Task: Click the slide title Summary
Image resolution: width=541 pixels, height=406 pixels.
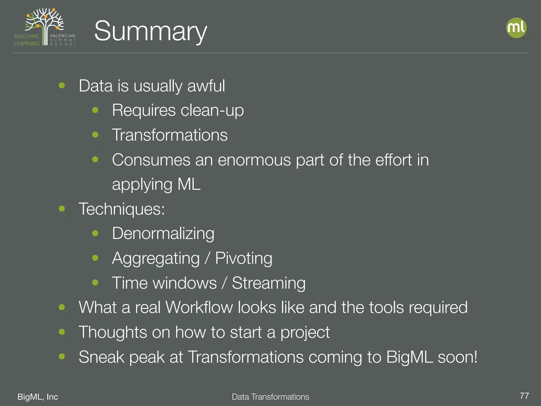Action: point(151,31)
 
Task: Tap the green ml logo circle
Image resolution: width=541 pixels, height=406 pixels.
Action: point(516,28)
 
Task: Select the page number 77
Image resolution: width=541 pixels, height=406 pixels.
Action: point(524,396)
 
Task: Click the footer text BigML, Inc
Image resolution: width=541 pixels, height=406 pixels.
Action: point(38,396)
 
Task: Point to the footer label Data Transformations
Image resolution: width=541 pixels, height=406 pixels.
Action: point(270,397)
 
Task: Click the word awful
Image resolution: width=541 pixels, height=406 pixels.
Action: point(206,86)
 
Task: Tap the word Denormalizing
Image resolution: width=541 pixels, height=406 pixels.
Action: point(163,233)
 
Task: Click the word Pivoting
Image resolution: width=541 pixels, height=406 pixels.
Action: point(244,258)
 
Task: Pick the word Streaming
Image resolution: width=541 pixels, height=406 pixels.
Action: point(269,283)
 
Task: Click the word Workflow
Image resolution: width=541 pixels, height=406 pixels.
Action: point(199,307)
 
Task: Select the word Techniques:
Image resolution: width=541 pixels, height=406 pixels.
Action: point(122,209)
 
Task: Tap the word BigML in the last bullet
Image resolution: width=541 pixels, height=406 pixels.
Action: point(409,357)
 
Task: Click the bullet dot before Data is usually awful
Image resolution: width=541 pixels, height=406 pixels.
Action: point(62,85)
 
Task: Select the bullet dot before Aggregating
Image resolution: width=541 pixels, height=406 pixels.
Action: point(95,258)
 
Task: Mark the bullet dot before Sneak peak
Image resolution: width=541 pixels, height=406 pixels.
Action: point(62,356)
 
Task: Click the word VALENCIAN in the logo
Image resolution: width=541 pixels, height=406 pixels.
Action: point(63,36)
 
